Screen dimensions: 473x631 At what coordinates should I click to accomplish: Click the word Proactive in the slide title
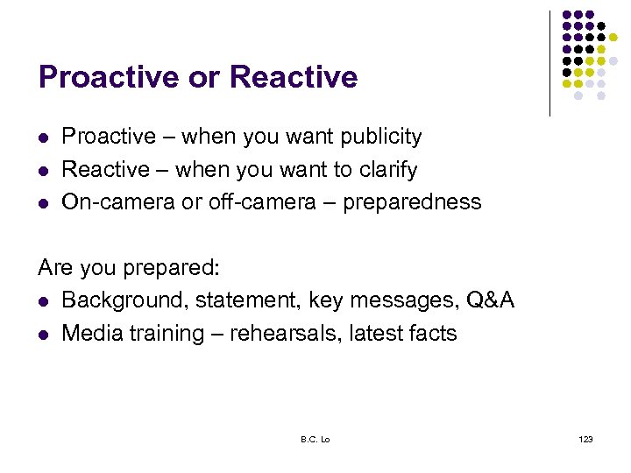(109, 77)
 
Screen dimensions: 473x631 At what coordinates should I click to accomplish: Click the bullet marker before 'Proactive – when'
(43, 138)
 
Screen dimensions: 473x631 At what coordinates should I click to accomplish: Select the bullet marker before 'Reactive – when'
(43, 170)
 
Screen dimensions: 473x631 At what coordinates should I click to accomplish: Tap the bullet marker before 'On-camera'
(43, 202)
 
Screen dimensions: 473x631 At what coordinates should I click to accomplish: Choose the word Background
(123, 300)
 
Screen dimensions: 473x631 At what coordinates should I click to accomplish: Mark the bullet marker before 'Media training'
(43, 334)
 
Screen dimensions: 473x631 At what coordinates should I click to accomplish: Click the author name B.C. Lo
(315, 438)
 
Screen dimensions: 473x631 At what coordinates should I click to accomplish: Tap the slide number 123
(585, 438)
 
